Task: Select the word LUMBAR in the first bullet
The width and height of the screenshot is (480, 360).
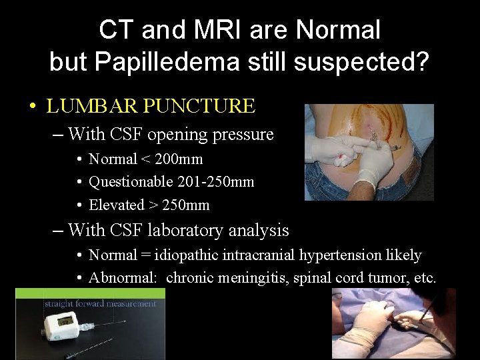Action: click(87, 106)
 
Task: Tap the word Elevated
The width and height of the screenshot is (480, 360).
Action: click(117, 205)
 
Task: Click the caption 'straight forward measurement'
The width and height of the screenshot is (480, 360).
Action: click(100, 304)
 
